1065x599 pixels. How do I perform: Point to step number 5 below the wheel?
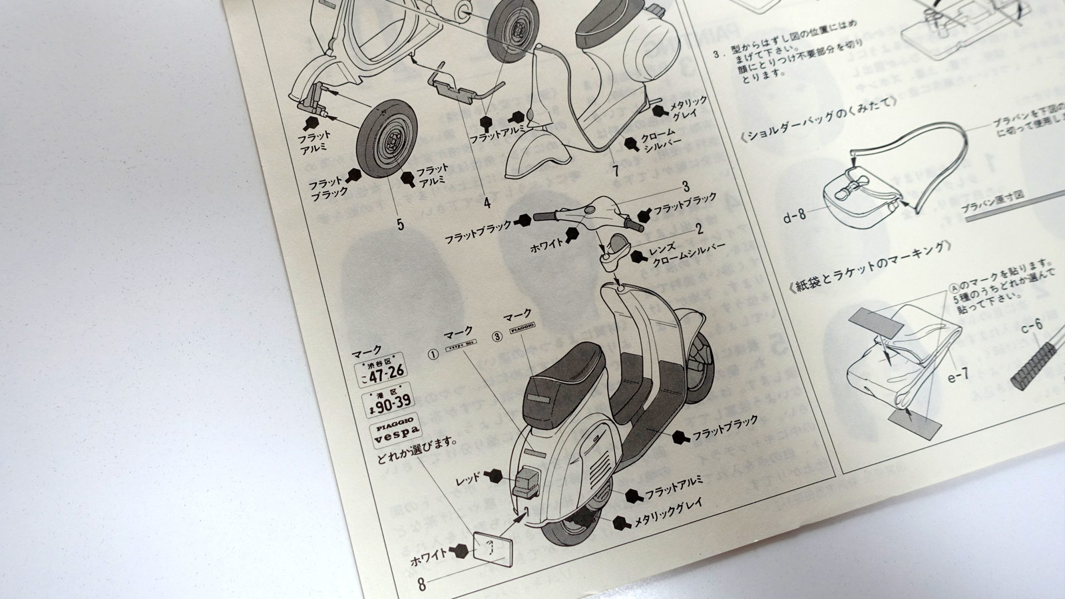[400, 224]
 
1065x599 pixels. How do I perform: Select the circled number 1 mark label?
[433, 355]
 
